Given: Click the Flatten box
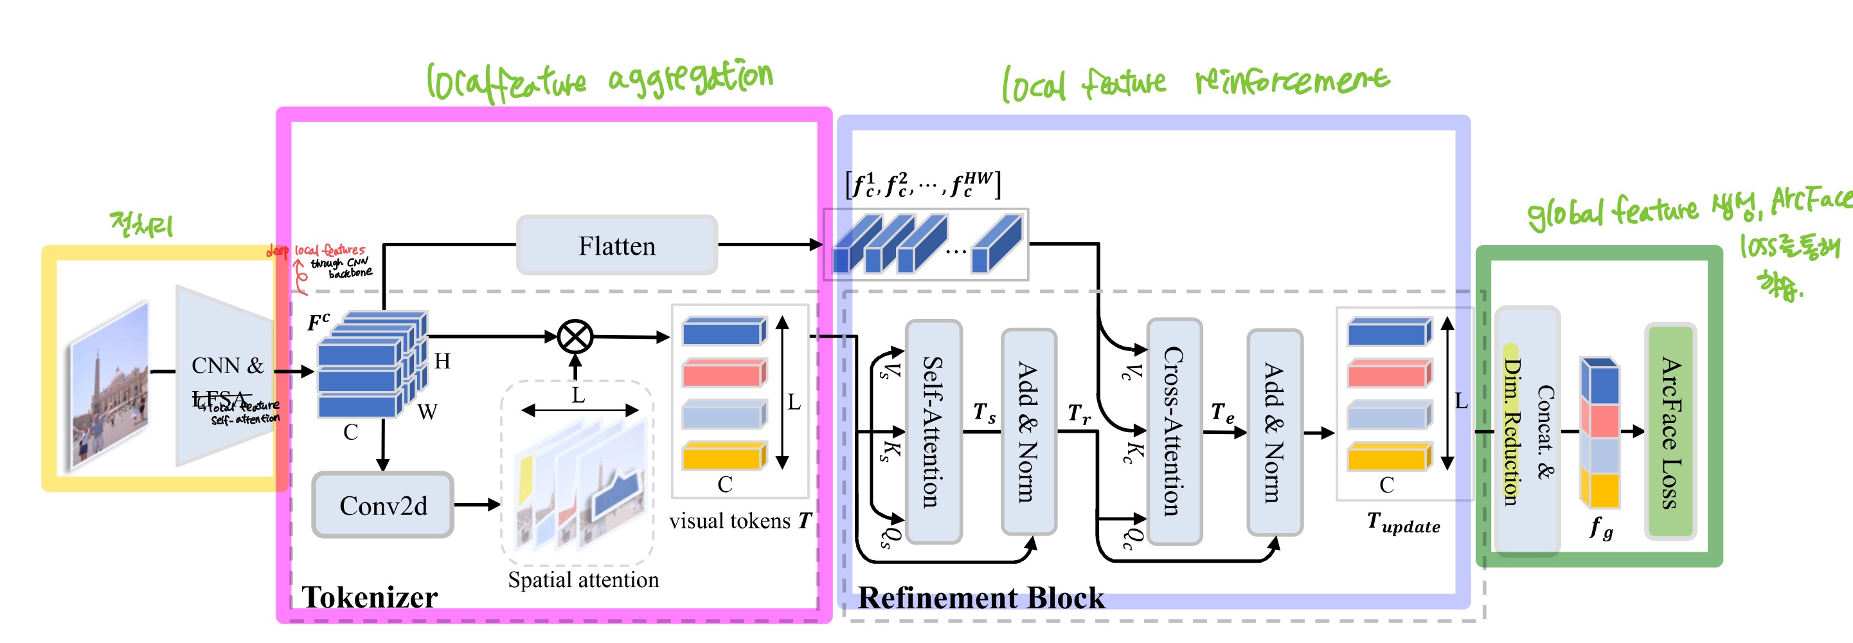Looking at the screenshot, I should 616,245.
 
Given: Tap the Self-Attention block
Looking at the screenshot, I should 933,431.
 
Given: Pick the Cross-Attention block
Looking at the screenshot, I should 1174,431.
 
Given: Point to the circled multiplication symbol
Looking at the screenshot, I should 575,336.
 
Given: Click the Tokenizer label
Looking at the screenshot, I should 369,597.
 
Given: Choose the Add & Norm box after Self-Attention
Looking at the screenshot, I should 1028,431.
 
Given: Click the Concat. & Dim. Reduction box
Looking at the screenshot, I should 1527,431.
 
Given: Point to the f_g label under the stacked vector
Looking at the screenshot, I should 1601,528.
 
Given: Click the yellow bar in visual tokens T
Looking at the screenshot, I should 723,457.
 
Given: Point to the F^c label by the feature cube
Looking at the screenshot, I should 318,321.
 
